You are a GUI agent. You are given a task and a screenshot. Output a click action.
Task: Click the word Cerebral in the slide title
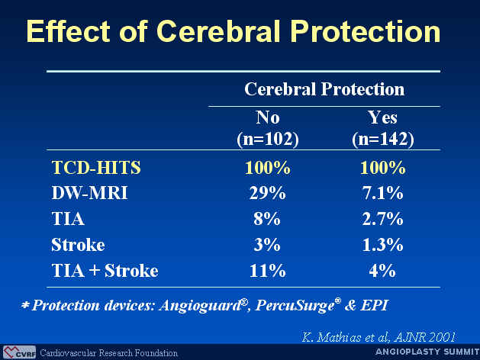218,31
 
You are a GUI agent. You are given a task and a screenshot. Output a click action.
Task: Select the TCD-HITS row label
96,168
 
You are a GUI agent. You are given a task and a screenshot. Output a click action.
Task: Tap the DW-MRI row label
89,193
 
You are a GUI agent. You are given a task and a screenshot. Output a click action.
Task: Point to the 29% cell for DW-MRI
267,193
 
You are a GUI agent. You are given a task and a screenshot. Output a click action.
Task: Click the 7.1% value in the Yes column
382,193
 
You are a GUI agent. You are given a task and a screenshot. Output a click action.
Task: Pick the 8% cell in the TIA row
267,219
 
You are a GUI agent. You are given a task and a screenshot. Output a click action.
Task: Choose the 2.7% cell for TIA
382,219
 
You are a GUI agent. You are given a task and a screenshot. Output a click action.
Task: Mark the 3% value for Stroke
267,245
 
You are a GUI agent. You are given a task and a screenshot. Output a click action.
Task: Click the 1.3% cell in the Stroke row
382,245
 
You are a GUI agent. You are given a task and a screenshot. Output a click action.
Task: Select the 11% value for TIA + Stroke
267,271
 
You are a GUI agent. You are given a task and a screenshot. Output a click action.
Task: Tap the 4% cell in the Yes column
382,271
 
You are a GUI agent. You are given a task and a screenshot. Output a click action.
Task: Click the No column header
268,117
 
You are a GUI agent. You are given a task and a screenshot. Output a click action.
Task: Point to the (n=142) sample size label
382,139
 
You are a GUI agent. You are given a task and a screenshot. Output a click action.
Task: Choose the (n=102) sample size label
268,139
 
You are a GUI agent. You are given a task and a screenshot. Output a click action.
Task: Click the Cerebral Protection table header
324,89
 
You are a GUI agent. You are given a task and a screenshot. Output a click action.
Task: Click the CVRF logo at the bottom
20,352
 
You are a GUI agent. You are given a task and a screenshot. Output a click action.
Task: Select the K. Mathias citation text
379,337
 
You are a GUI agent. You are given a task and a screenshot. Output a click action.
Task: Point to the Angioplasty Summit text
427,352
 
